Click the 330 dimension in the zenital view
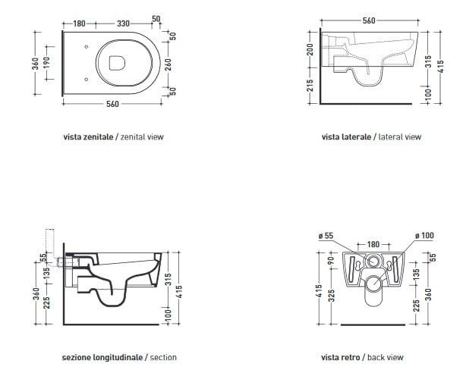click(123, 24)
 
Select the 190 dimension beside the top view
click(46, 63)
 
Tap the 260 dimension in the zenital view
click(168, 64)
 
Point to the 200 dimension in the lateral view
click(310, 49)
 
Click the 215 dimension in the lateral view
click(310, 85)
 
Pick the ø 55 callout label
click(326, 236)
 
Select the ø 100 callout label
click(424, 236)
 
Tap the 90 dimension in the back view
click(330, 260)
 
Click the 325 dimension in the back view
click(332, 296)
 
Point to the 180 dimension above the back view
click(373, 244)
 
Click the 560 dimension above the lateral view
click(369, 20)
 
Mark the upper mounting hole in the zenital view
click(87, 47)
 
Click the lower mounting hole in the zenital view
click(87, 80)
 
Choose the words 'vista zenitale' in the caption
click(88, 137)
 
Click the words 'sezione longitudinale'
click(102, 357)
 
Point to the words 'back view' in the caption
click(385, 357)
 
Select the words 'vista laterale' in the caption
click(346, 137)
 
